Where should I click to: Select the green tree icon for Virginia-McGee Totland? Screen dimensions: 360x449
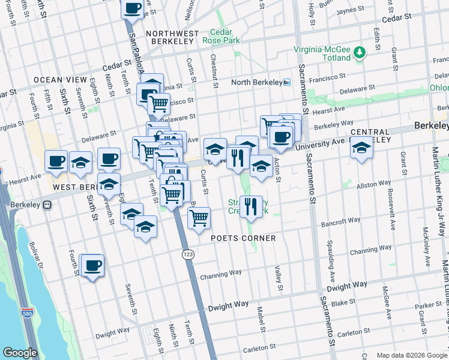[360, 53]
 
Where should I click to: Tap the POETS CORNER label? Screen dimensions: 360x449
[243, 238]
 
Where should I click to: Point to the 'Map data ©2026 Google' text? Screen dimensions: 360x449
[411, 355]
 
